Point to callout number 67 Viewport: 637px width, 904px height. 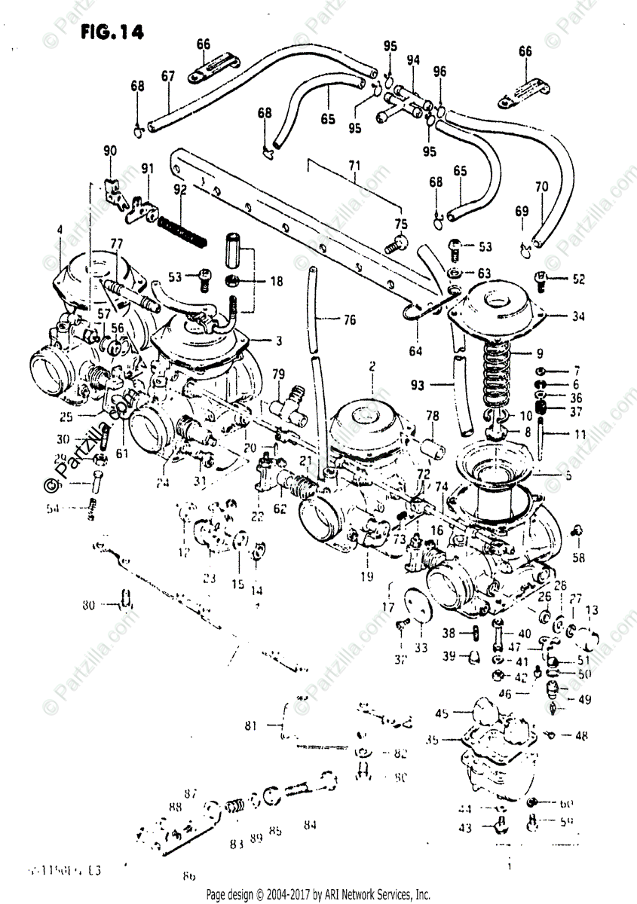pyautogui.click(x=167, y=75)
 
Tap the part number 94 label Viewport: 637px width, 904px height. pyautogui.click(x=412, y=60)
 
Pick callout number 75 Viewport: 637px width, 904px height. pyautogui.click(x=400, y=224)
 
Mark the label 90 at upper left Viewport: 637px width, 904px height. pyautogui.click(x=112, y=151)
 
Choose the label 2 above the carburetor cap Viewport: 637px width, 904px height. pyautogui.click(x=372, y=367)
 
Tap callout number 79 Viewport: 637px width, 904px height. pyautogui.click(x=278, y=374)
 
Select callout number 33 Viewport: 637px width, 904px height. pyautogui.click(x=420, y=648)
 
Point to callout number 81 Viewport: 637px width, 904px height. pyautogui.click(x=251, y=726)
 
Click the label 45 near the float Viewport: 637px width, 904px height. pyautogui.click(x=442, y=713)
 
